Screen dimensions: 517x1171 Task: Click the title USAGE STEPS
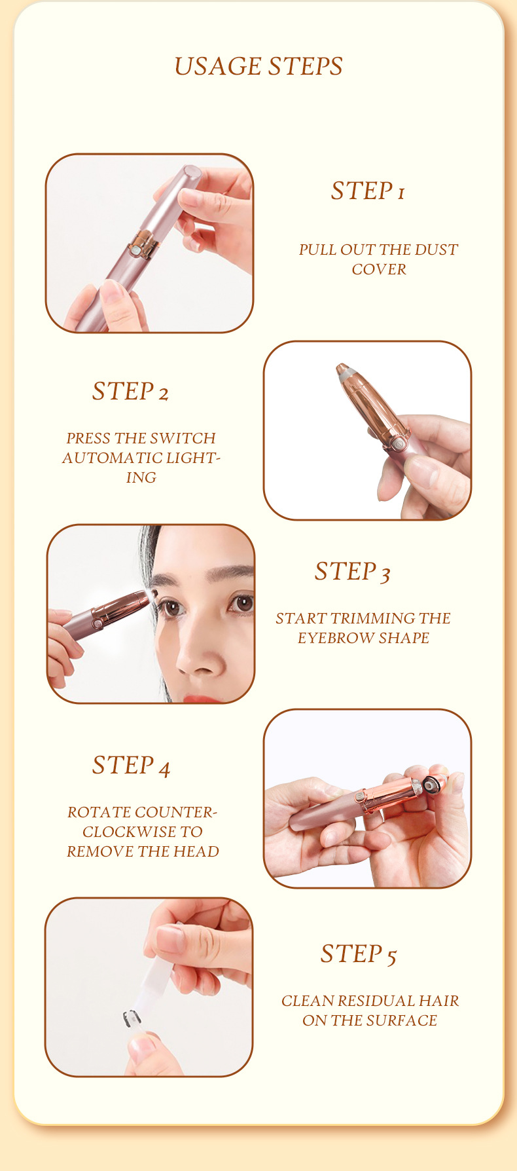click(258, 66)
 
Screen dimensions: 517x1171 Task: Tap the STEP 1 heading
click(368, 191)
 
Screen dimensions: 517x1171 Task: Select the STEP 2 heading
click(130, 391)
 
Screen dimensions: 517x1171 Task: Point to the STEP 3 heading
click(352, 571)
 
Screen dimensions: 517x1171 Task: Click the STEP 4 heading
click(131, 765)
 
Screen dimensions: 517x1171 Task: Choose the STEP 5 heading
click(358, 954)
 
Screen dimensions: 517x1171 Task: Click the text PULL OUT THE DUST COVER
click(378, 259)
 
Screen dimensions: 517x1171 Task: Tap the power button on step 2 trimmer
click(396, 443)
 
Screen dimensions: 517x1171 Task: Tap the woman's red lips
click(200, 698)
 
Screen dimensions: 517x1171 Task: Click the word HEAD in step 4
click(199, 851)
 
